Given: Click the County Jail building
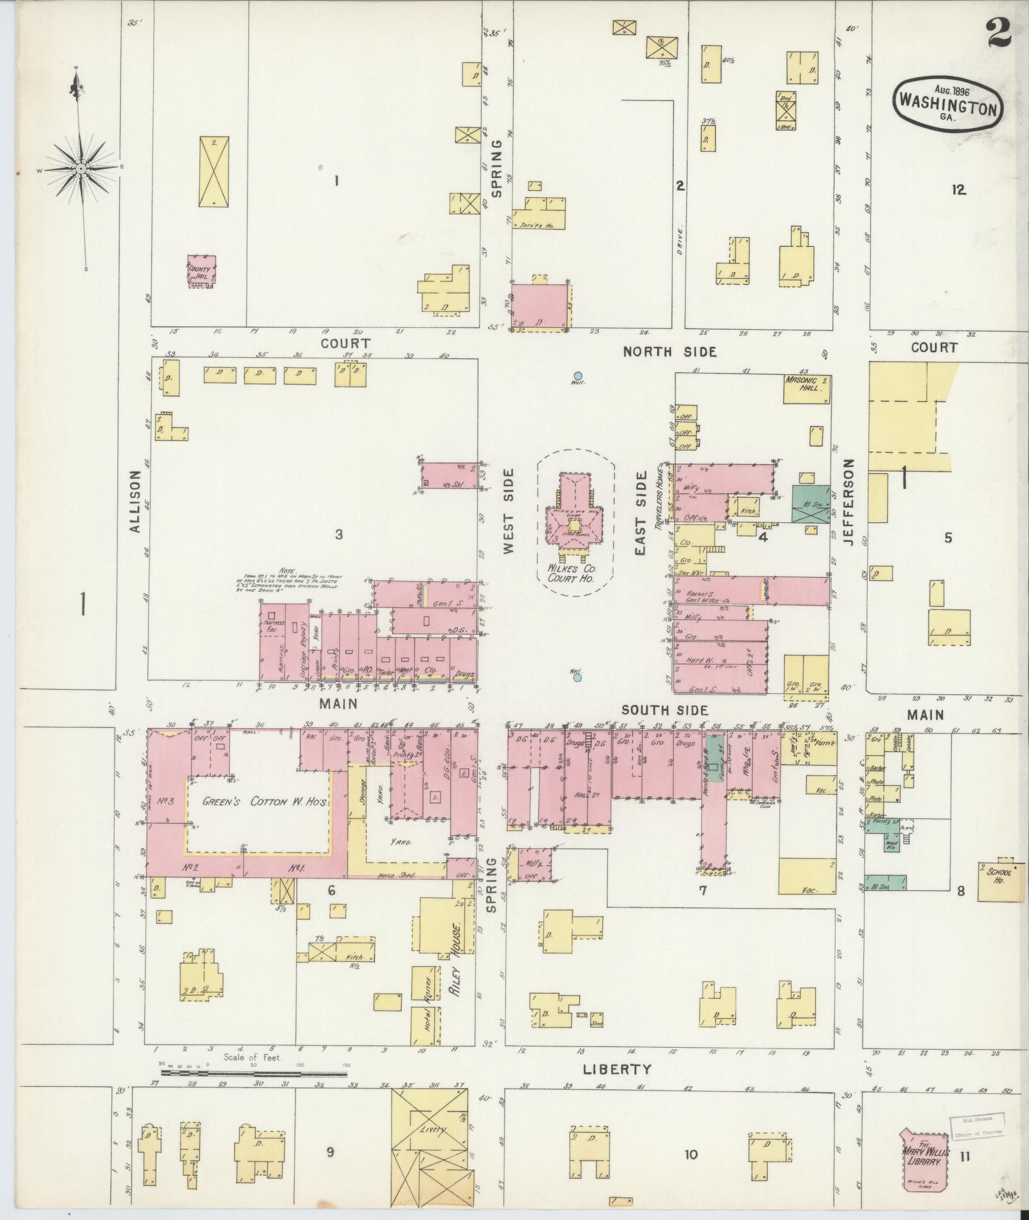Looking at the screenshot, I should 201,272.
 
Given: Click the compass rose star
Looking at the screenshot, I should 82,168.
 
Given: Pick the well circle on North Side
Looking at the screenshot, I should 577,376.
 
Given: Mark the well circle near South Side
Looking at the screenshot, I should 577,678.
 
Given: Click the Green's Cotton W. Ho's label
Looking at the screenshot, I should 265,802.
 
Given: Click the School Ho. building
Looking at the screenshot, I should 997,881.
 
